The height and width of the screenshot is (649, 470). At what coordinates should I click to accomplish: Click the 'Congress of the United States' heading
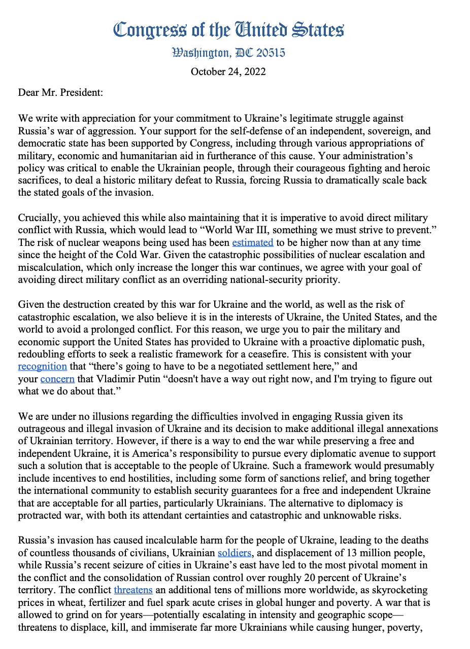coord(228,30)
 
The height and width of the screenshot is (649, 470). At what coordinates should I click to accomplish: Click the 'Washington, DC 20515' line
coord(228,53)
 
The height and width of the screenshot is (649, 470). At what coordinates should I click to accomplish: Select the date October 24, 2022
coord(228,71)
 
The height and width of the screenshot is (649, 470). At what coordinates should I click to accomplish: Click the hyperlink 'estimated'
coord(253,242)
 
